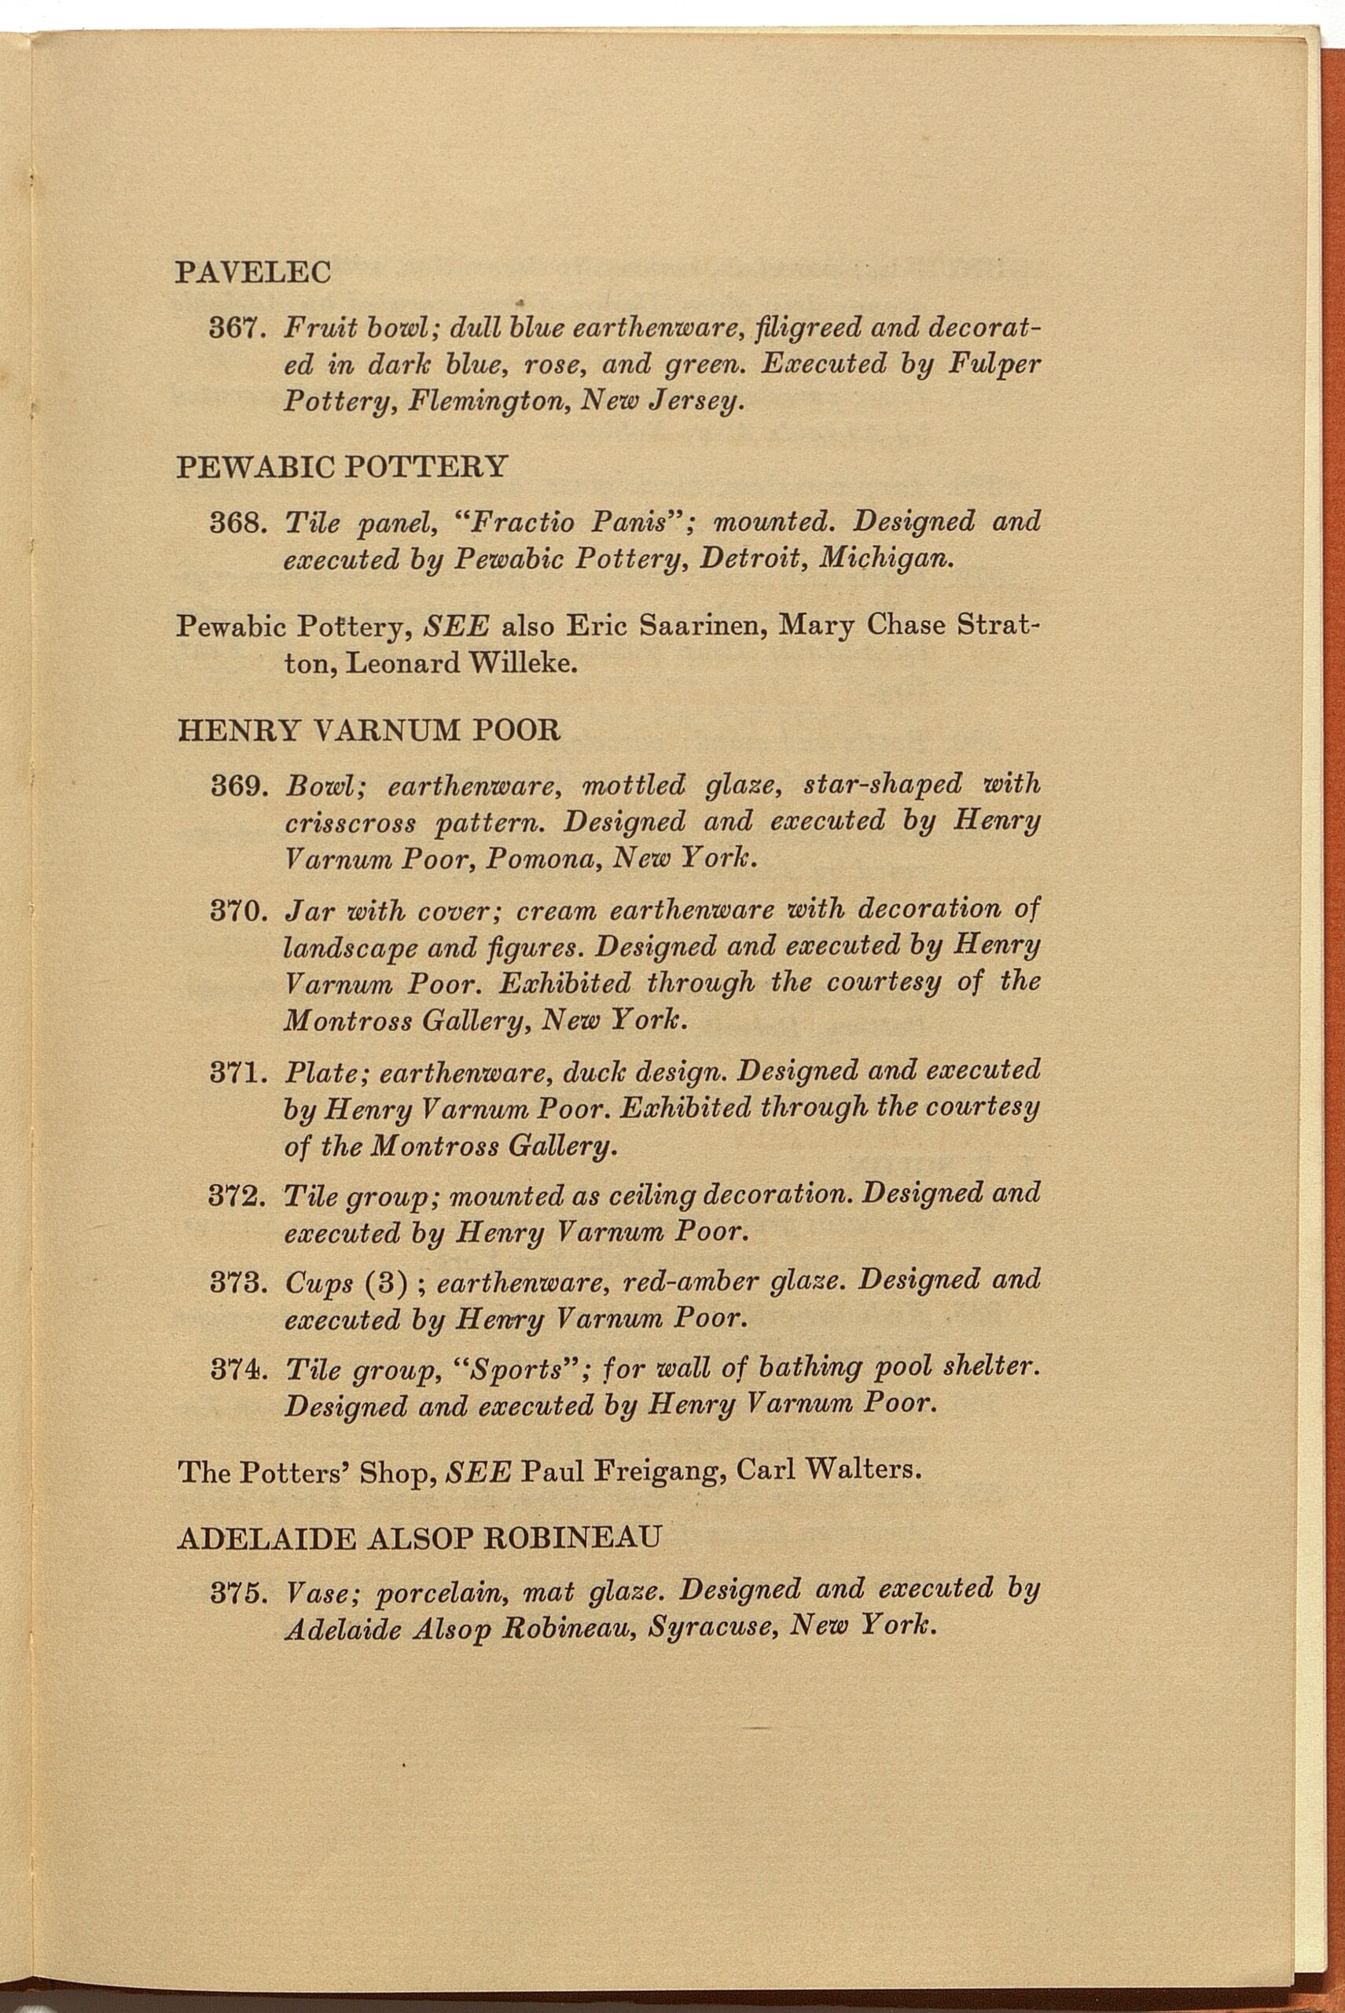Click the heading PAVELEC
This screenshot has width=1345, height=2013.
pos(253,272)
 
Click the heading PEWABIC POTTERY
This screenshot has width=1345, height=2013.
pos(341,467)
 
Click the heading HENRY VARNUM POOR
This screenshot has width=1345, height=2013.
pos(369,731)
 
